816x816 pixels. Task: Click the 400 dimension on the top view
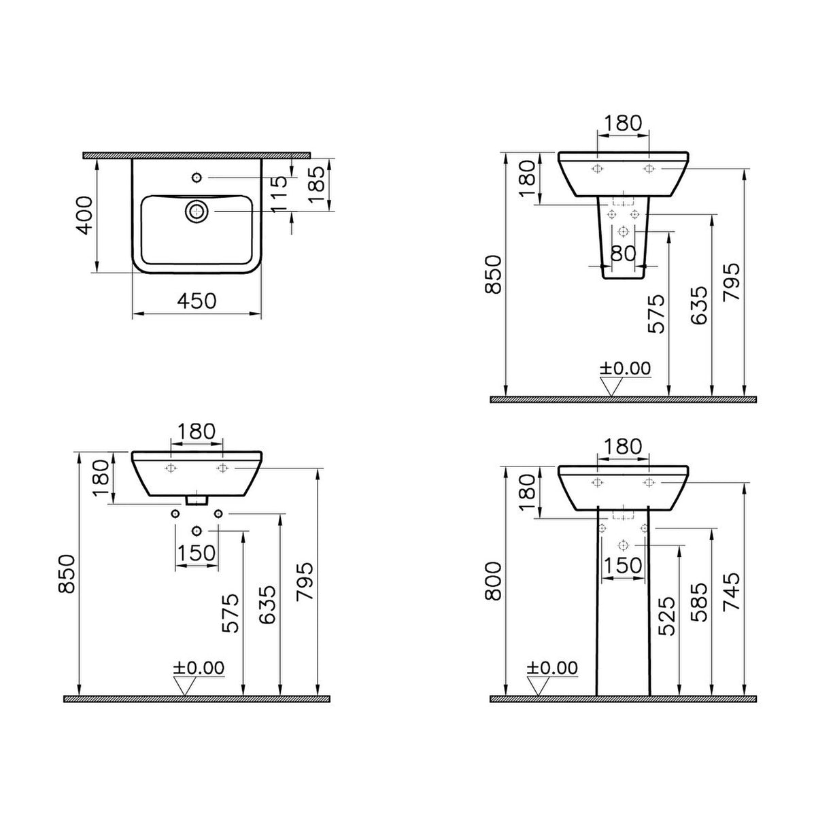pos(86,215)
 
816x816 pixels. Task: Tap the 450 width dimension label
pos(197,301)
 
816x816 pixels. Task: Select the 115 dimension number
pos(279,194)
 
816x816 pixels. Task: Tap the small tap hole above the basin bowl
pos(197,177)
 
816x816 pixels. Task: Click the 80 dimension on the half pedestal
pos(624,254)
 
